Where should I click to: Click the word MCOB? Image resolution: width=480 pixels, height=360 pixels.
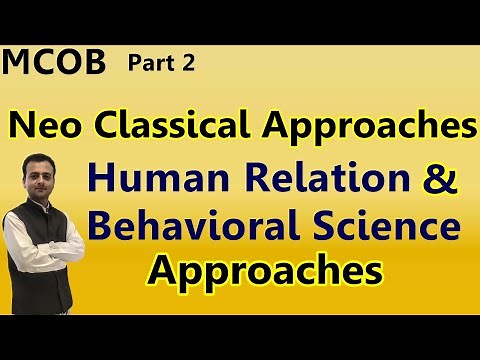coord(54,64)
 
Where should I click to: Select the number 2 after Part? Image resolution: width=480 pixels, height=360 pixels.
coord(188,65)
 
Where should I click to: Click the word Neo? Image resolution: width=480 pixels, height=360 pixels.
coord(43,126)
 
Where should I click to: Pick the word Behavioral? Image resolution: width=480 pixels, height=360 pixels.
coord(193,227)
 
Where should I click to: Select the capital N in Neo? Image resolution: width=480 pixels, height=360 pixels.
coord(22,126)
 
